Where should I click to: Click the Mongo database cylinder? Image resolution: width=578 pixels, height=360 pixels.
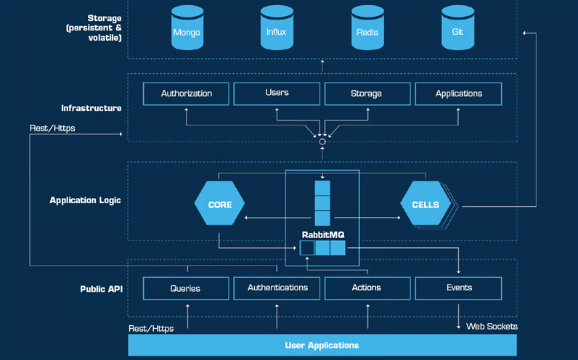click(187, 28)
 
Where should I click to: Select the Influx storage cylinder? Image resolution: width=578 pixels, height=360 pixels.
click(277, 28)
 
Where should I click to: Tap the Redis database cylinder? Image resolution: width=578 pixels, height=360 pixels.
click(367, 28)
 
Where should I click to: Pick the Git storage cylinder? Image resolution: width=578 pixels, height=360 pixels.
click(457, 28)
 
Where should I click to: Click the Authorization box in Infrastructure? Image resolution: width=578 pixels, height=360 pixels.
click(186, 94)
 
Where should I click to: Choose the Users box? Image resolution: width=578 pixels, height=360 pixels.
click(277, 93)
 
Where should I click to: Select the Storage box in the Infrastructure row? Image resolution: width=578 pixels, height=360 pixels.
click(367, 94)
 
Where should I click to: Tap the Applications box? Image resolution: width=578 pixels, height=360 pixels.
click(458, 94)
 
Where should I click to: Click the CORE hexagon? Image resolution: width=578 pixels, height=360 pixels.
click(220, 205)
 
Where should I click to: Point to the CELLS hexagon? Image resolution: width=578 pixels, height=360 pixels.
click(425, 205)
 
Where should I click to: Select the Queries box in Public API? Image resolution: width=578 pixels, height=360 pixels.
click(185, 288)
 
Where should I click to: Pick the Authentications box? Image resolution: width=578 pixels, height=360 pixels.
click(277, 288)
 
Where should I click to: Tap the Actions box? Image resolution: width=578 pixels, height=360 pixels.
click(367, 288)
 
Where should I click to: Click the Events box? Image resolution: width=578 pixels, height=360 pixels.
click(459, 288)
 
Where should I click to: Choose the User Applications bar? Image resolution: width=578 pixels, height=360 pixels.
click(322, 345)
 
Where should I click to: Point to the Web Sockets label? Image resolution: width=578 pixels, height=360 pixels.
click(492, 327)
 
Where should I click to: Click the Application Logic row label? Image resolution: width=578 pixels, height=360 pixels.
click(85, 200)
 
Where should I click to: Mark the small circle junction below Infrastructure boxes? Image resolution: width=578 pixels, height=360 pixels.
click(322, 142)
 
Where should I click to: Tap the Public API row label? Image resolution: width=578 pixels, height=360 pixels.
click(100, 289)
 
